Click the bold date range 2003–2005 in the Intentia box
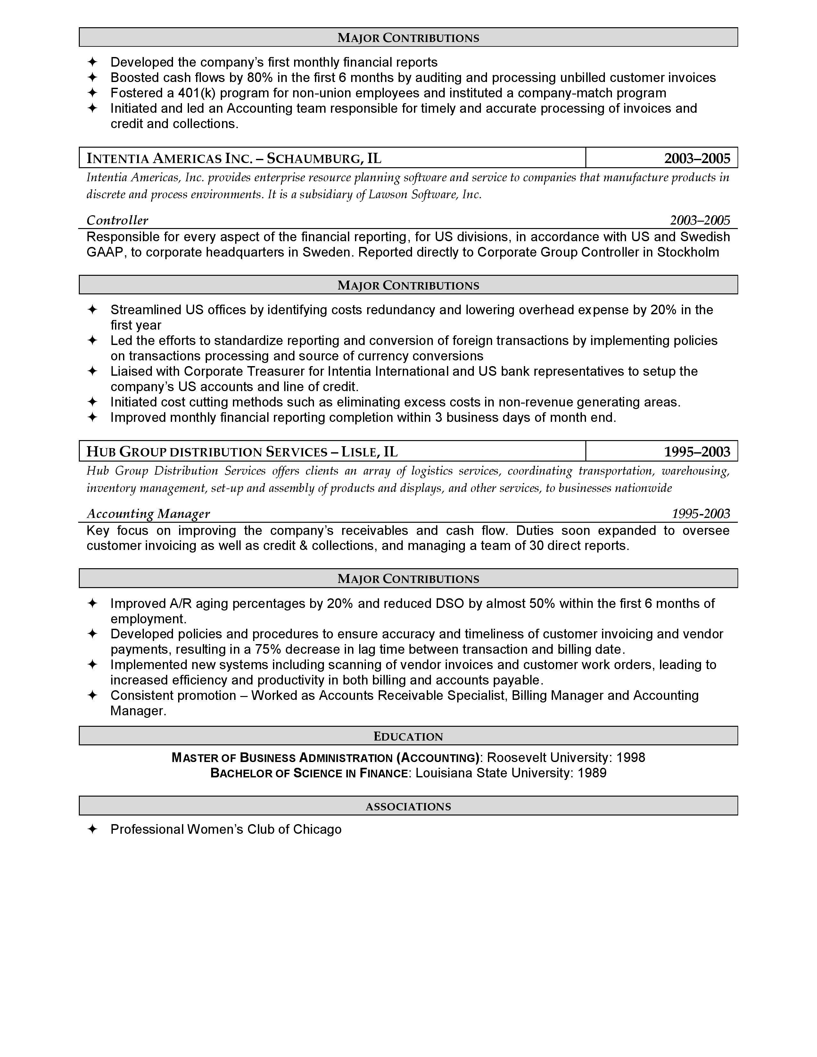(x=697, y=158)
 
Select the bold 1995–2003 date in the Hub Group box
(x=697, y=452)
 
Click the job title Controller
(x=117, y=221)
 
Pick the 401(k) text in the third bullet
(x=196, y=93)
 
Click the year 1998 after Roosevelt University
(x=631, y=758)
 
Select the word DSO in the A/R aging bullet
(x=450, y=603)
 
